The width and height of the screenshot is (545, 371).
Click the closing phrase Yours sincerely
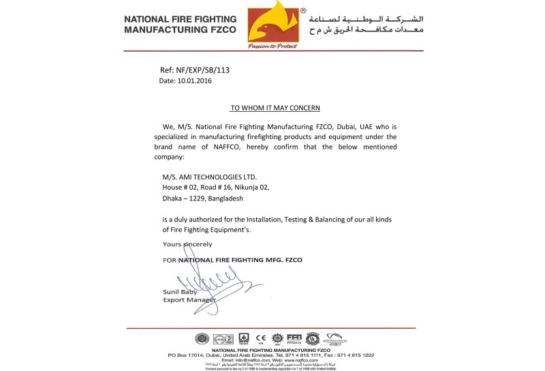coord(187,243)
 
